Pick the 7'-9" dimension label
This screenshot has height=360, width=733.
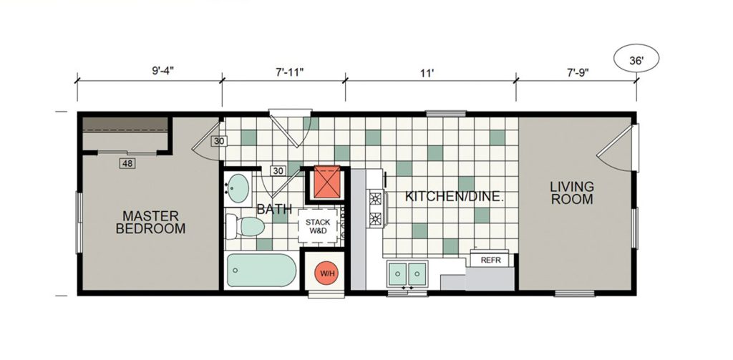point(578,72)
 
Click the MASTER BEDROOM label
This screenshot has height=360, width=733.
point(150,222)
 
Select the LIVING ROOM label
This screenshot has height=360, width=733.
point(571,193)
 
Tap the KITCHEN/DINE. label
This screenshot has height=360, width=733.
point(455,196)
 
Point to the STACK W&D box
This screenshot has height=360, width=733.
point(318,226)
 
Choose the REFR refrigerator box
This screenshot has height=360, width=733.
point(491,260)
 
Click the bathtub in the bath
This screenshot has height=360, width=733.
point(261,271)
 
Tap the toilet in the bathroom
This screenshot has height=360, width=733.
point(245,226)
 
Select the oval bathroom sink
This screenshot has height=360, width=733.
point(238,188)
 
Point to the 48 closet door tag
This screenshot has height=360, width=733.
point(127,164)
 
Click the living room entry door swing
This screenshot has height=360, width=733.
point(618,147)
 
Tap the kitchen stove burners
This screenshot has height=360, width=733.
point(376,209)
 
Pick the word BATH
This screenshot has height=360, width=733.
point(274,209)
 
